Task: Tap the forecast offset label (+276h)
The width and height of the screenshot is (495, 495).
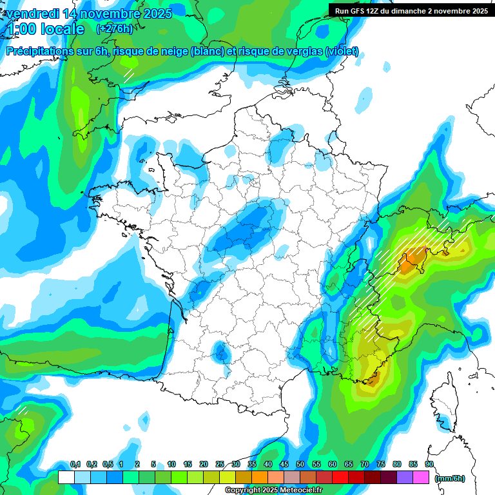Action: coord(114,28)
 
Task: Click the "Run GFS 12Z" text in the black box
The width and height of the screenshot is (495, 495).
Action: coord(360,10)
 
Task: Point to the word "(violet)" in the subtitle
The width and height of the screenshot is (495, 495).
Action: coord(341,52)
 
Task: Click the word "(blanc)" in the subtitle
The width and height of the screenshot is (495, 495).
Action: coord(206,52)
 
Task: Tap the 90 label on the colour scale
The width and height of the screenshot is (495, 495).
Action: coord(429,465)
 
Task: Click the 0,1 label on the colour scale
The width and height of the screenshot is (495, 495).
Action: coord(75,465)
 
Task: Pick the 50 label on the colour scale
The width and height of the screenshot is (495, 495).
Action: coord(300,465)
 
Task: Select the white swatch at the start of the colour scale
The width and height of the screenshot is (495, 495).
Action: coord(66,477)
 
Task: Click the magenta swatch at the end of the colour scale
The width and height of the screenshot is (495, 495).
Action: coord(421,477)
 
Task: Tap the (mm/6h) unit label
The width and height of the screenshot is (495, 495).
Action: coord(451,478)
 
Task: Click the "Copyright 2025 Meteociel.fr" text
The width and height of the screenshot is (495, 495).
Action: coord(273,490)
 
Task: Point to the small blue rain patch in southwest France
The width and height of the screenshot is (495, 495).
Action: coord(222,352)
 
